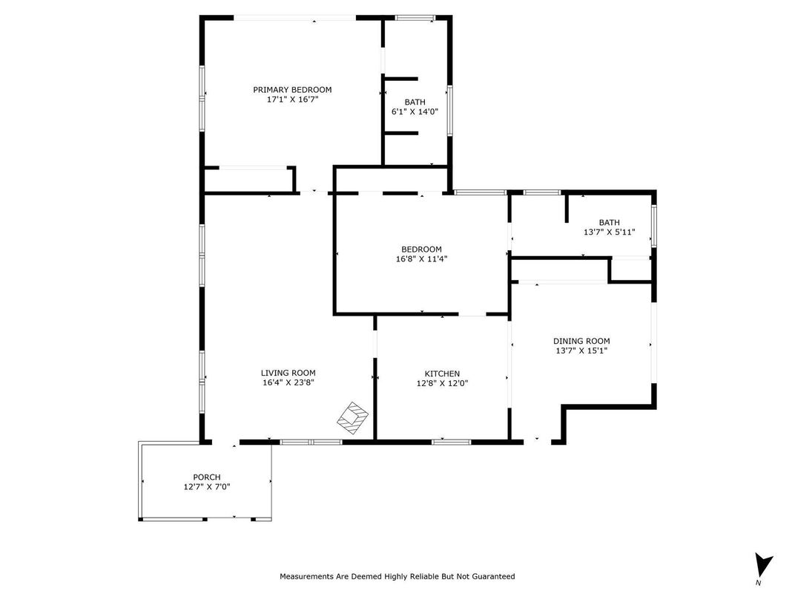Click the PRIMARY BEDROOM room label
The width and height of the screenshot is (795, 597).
[x=292, y=90]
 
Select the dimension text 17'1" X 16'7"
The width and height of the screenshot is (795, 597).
[x=292, y=100]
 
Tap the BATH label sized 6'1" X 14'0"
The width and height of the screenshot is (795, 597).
[x=415, y=102]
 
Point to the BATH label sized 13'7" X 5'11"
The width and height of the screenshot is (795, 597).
[x=609, y=222]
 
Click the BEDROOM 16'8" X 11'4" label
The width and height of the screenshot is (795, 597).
[x=421, y=249]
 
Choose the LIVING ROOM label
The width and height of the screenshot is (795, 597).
[x=288, y=373]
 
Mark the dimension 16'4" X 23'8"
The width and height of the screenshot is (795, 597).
[x=288, y=384]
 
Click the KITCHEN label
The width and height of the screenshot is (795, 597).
[x=442, y=373]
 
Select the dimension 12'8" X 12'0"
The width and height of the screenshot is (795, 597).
[x=442, y=384]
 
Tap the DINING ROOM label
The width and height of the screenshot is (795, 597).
[x=582, y=341]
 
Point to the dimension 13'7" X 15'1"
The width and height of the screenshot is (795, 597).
[x=582, y=351]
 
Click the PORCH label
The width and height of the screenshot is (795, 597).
[x=207, y=477]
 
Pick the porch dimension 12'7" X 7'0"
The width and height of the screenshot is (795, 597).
[x=207, y=488]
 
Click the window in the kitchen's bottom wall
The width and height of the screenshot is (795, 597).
[x=451, y=443]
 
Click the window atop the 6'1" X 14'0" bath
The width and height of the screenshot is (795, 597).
[x=415, y=17]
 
